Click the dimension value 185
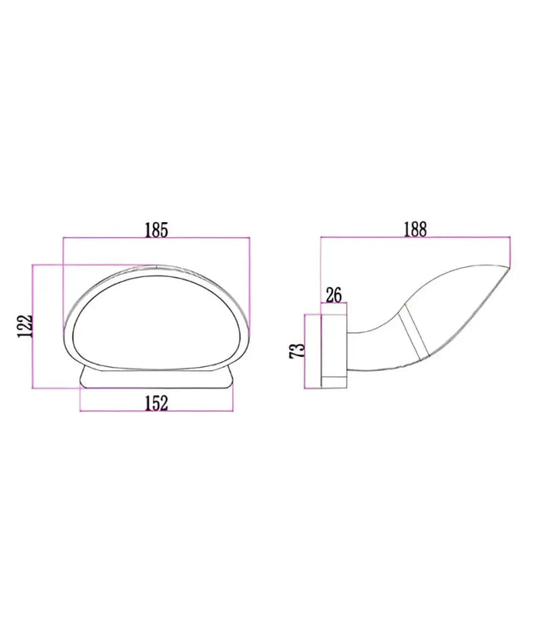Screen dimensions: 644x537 [157, 229]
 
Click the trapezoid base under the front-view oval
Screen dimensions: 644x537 [157, 379]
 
